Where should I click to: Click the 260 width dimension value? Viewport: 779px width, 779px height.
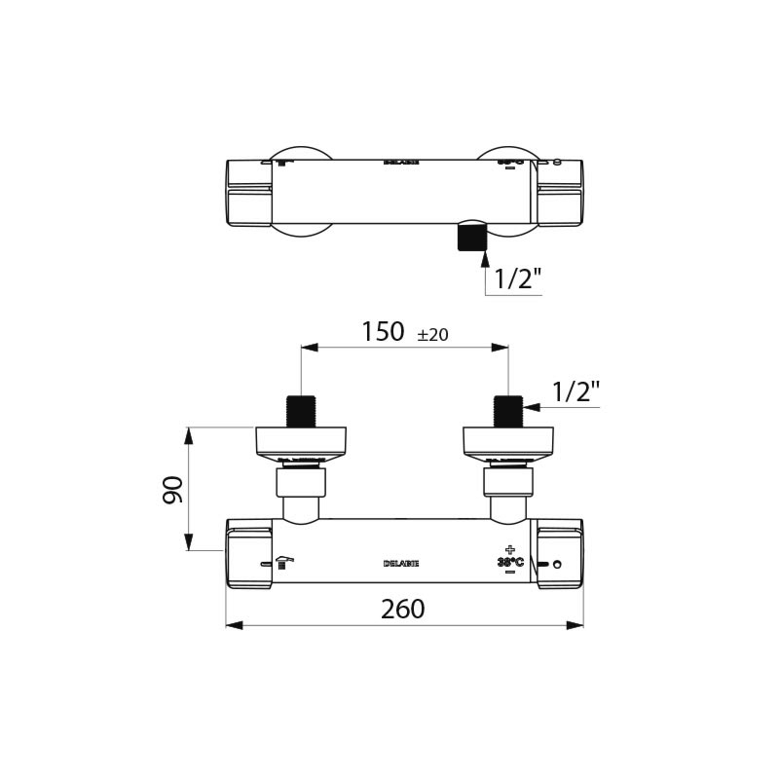[403, 609]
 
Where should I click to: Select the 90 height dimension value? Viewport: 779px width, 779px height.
[173, 489]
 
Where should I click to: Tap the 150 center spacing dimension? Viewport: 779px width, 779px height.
[383, 332]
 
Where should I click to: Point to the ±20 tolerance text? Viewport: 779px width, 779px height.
[432, 335]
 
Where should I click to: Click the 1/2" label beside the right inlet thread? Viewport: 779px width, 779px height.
[575, 392]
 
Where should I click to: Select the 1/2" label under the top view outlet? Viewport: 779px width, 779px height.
[517, 278]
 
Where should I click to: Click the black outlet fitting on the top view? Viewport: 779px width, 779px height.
[471, 237]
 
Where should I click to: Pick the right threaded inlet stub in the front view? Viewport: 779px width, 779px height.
[509, 411]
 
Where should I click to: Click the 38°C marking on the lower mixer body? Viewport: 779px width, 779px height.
[510, 562]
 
